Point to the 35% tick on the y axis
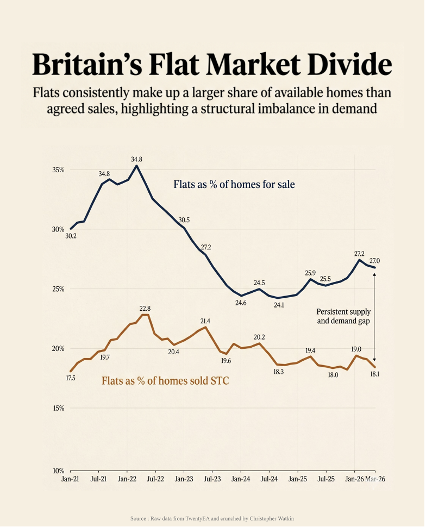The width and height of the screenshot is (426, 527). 58,170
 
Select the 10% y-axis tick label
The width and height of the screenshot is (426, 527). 58,471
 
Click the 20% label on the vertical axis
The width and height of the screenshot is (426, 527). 58,349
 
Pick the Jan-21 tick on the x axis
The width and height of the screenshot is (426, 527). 70,479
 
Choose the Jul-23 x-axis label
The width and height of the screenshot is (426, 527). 212,479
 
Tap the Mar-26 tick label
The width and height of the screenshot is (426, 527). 375,479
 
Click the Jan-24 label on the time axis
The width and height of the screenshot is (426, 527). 240,479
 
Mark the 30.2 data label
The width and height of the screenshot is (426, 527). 71,236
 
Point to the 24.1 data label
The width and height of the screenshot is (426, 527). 279,305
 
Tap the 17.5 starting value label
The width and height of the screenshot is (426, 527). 71,378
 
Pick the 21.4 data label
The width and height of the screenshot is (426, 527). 205,321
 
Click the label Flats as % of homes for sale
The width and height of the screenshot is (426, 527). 234,185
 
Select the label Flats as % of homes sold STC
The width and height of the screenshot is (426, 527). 165,381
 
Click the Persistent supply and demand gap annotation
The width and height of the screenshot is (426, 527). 343,316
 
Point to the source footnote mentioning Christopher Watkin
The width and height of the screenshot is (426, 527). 212,518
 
